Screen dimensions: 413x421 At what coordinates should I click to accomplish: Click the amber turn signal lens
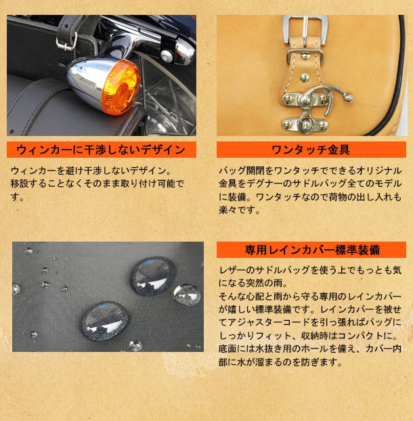[121, 87]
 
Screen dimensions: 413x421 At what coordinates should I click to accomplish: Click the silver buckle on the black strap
[66, 41]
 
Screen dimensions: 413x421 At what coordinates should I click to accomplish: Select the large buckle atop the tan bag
[305, 29]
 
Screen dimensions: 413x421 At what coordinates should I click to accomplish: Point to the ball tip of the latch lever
[348, 97]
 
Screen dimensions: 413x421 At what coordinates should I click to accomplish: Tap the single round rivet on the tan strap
[304, 78]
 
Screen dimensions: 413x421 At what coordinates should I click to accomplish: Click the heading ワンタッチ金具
[311, 150]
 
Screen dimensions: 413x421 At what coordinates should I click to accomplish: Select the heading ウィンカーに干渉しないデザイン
[101, 150]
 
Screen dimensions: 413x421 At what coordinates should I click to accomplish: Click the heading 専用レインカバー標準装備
[312, 250]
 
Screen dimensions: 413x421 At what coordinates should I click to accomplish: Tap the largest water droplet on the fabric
[154, 276]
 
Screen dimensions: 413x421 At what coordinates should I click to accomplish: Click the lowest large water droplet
[105, 320]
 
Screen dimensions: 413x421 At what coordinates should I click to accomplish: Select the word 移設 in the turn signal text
[20, 183]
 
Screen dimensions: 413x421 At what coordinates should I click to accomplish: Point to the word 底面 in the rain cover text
[227, 349]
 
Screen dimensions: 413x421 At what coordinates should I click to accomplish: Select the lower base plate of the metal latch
[305, 124]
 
